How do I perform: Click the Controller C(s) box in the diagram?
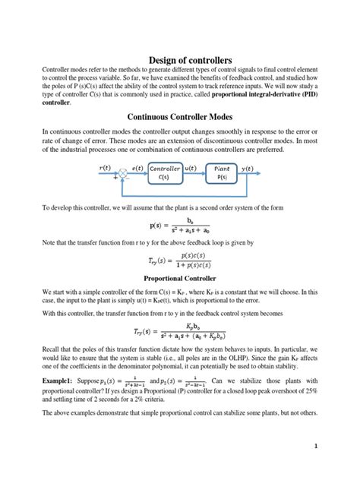click(x=166, y=173)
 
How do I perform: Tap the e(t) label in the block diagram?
click(x=137, y=166)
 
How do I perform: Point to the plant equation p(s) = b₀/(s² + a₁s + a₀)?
click(x=179, y=225)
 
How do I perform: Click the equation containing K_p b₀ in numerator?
click(x=179, y=332)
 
